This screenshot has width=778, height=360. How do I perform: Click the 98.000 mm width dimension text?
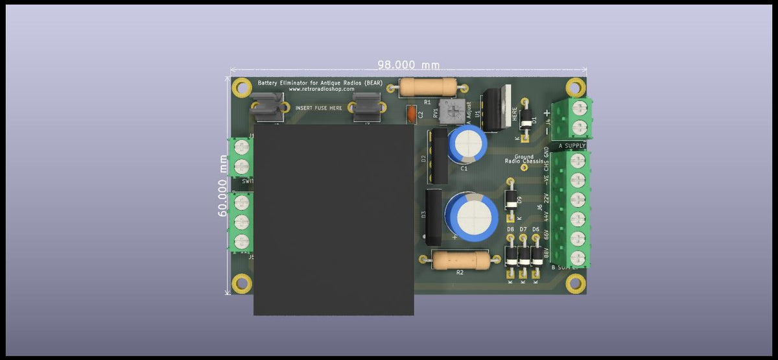[x=408, y=65]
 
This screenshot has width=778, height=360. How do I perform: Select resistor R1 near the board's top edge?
[x=428, y=87]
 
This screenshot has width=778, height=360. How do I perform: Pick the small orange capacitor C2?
[x=410, y=115]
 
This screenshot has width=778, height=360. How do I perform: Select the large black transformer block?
[x=333, y=219]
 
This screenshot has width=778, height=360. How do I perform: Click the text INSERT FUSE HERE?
[x=319, y=108]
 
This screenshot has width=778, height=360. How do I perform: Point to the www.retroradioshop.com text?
[x=322, y=90]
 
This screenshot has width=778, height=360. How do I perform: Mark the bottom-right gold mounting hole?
[x=574, y=283]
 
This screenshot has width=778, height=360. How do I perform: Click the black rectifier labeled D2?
[x=439, y=156]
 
